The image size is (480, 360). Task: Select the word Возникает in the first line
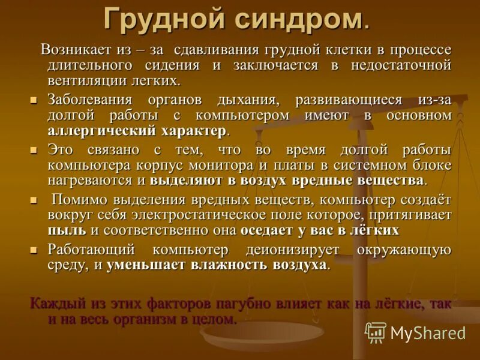coord(76,49)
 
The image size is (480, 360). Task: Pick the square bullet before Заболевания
coord(34,99)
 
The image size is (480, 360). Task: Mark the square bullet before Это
coord(34,149)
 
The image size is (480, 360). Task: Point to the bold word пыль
coord(67,230)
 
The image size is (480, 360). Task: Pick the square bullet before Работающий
coord(34,249)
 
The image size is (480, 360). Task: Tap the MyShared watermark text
coord(428,333)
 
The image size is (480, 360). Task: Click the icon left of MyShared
coord(376,333)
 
